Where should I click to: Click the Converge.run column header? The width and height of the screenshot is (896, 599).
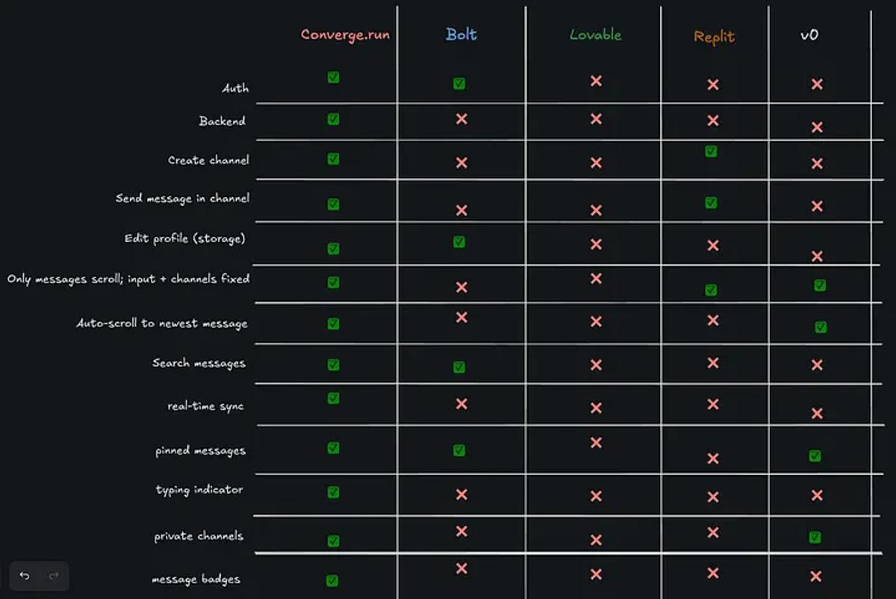345,34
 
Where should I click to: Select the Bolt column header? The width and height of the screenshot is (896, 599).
461,34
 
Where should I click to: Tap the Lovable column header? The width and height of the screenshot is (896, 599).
595,34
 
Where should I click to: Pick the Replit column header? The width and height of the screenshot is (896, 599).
714,37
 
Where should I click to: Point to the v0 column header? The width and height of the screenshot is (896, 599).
809,34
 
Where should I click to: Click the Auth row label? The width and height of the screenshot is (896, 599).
235,88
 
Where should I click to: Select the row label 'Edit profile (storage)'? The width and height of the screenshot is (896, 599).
184,239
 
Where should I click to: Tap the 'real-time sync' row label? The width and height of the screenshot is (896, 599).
205,406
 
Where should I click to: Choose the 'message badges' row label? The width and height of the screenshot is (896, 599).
196,579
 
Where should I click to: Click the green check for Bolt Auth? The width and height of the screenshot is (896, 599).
459,84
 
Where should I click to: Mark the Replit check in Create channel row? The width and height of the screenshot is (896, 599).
711,152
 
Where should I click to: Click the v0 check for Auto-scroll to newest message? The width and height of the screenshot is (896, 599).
821,327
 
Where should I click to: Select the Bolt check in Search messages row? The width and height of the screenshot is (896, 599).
459,367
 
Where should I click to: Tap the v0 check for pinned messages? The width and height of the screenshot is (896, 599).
815,456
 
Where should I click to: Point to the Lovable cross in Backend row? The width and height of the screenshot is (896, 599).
596,119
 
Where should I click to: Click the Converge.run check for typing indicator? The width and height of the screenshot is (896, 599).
333,492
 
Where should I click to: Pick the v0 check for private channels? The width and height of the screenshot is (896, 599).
815,537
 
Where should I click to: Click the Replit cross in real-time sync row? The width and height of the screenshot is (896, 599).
713,404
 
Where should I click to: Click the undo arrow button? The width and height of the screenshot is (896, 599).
25,576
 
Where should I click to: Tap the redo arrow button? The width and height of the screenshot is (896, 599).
54,576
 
